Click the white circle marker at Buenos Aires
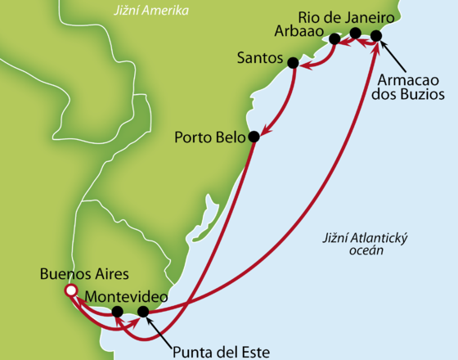click(x=71, y=290)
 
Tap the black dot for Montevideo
click(x=118, y=312)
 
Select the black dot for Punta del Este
click(x=144, y=312)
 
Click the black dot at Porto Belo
click(x=254, y=137)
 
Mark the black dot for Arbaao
click(x=335, y=38)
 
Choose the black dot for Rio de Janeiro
click(x=355, y=34)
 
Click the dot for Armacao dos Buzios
click(x=376, y=35)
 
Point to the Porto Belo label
click(x=209, y=137)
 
